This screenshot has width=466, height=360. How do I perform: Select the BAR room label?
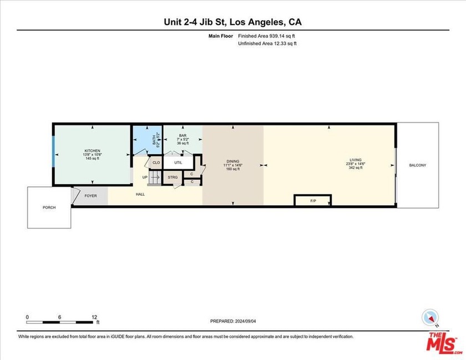point(183,136)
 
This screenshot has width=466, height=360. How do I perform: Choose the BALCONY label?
point(418,165)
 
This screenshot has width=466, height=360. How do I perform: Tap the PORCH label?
point(49,207)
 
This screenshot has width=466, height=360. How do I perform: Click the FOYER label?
point(90,196)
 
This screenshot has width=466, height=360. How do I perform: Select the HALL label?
point(141,194)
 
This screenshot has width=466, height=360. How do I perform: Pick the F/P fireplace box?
point(313,200)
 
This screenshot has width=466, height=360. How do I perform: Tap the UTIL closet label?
point(178,163)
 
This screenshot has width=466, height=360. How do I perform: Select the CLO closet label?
point(156,163)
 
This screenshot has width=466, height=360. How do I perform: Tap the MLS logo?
point(445,344)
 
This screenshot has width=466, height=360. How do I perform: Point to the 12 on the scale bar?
point(95,317)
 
